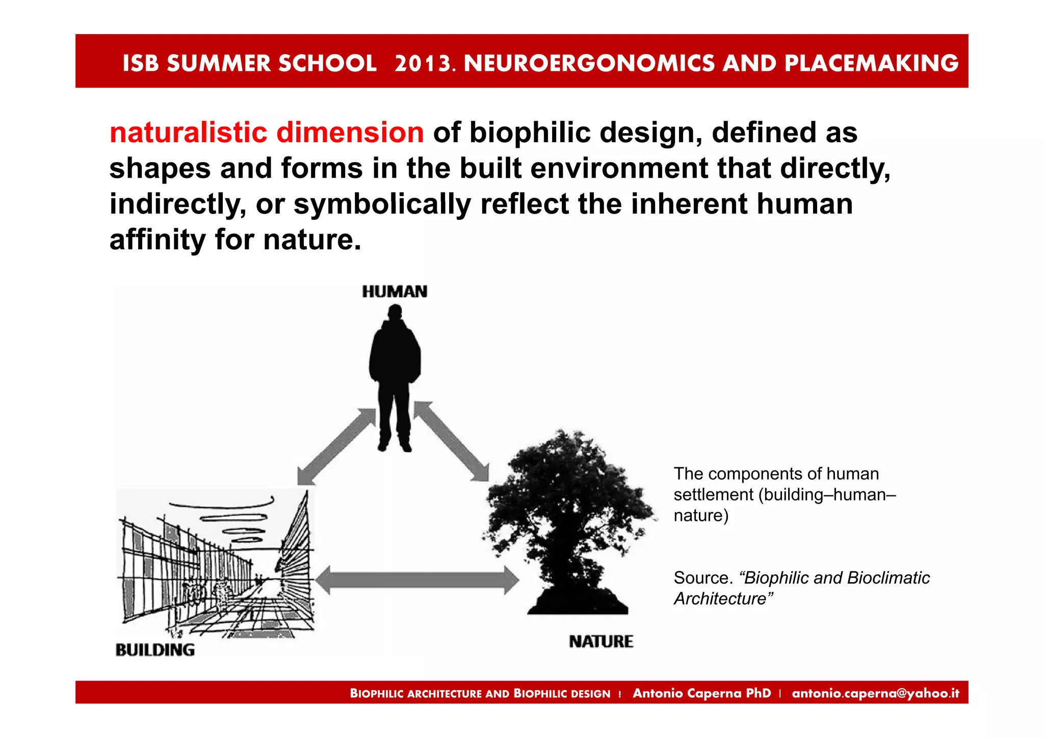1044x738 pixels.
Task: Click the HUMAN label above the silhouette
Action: [395, 292]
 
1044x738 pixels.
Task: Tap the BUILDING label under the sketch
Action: [155, 650]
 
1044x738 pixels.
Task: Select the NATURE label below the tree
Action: [601, 641]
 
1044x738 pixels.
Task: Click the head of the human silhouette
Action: [395, 311]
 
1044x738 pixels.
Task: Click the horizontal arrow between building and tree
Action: [416, 580]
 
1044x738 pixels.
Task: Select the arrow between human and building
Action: [336, 446]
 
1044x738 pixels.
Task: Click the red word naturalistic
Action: [188, 133]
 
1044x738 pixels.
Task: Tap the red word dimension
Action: [350, 133]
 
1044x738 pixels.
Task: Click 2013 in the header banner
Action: [423, 63]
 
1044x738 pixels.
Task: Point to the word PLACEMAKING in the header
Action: [871, 63]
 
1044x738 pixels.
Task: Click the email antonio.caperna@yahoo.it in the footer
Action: [875, 693]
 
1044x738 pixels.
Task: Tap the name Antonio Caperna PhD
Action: [701, 693]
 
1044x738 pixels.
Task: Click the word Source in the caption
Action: [702, 578]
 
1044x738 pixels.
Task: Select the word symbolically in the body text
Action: [382, 204]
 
